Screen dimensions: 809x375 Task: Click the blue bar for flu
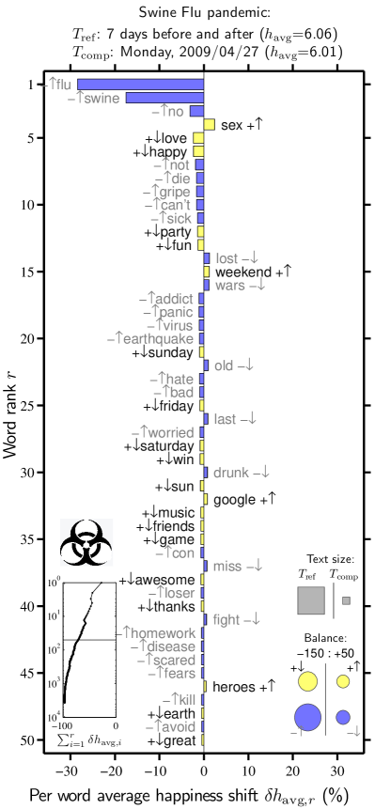pos(140,85)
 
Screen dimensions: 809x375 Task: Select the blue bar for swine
pos(164,98)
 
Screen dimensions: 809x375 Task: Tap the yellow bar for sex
pos(210,125)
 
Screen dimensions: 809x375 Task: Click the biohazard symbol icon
pos(86,543)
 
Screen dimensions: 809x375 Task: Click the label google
pos(234,500)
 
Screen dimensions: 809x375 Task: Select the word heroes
pos(233,687)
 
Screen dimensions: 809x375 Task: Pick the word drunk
pos(231,473)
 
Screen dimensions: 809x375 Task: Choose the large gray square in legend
pos(311,599)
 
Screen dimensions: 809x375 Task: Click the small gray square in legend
pos(346,600)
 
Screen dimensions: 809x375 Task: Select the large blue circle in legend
pos(307,717)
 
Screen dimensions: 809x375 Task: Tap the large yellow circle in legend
pos(307,681)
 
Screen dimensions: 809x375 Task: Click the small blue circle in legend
pos(343,717)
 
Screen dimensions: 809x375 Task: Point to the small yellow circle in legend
pos(343,681)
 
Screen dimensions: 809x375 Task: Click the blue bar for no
pos(196,112)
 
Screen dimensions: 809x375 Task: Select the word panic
pos(177,312)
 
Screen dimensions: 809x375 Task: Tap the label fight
pos(227,620)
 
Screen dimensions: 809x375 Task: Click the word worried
pos(172,432)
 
